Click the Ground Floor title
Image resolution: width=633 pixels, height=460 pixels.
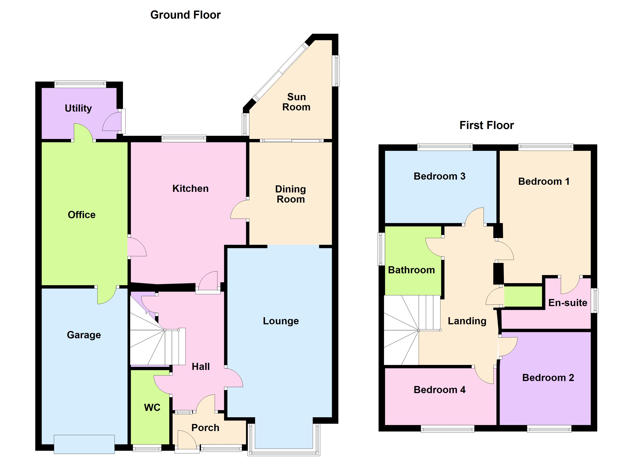[185, 15]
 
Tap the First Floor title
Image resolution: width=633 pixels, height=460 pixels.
[486, 125]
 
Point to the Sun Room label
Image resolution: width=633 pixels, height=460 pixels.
[296, 102]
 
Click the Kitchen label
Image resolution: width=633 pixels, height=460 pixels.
[190, 189]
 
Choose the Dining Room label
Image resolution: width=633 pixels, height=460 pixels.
[291, 194]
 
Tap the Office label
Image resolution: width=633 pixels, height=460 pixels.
[82, 215]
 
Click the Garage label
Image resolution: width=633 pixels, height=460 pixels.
[84, 335]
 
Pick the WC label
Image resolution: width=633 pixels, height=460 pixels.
[152, 407]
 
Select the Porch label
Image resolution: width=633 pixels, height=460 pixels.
[205, 428]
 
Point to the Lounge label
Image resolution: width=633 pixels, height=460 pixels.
[281, 321]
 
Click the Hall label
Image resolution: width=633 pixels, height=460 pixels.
[201, 366]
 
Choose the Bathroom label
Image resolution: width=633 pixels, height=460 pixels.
[411, 270]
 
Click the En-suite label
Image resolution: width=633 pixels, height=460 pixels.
[568, 303]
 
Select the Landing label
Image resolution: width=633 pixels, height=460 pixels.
[467, 321]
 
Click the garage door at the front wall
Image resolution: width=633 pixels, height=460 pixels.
[84, 444]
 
